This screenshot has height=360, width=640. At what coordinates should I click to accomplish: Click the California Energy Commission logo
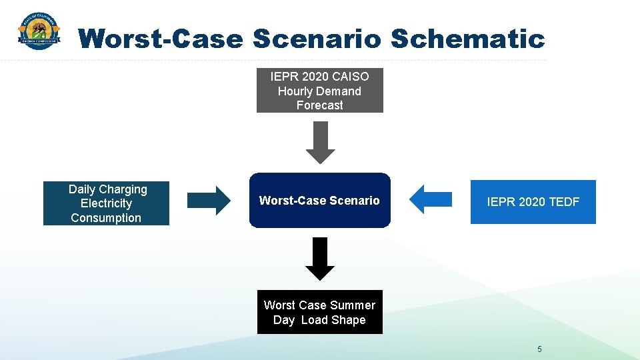click(x=39, y=32)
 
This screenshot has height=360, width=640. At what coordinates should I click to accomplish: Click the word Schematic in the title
click(x=467, y=39)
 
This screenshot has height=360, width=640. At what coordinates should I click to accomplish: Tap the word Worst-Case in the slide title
click(x=161, y=39)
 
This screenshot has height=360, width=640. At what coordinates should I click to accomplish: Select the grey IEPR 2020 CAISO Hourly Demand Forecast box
click(x=319, y=91)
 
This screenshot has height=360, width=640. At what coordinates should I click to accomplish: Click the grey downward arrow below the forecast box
click(x=320, y=142)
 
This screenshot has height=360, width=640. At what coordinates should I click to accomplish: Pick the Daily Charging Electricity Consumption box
click(x=106, y=203)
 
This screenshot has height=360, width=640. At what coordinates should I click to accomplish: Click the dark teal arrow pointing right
click(x=208, y=200)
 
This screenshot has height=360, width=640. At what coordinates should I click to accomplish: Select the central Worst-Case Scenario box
click(x=319, y=201)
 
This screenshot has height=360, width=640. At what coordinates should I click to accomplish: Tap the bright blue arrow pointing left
click(x=430, y=199)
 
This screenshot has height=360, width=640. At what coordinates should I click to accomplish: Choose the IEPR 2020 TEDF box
click(x=533, y=202)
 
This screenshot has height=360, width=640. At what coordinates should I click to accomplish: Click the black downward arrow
click(x=320, y=259)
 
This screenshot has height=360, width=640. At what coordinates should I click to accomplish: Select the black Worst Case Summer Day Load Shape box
click(x=319, y=312)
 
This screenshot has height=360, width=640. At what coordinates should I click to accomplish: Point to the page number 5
click(x=539, y=349)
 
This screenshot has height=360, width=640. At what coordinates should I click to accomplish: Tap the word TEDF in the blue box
click(x=563, y=202)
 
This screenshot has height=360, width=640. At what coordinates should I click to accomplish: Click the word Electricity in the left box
click(x=106, y=203)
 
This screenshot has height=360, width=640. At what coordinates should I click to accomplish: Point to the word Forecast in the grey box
click(x=319, y=105)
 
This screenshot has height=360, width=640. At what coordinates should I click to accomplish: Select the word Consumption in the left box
click(x=106, y=218)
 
